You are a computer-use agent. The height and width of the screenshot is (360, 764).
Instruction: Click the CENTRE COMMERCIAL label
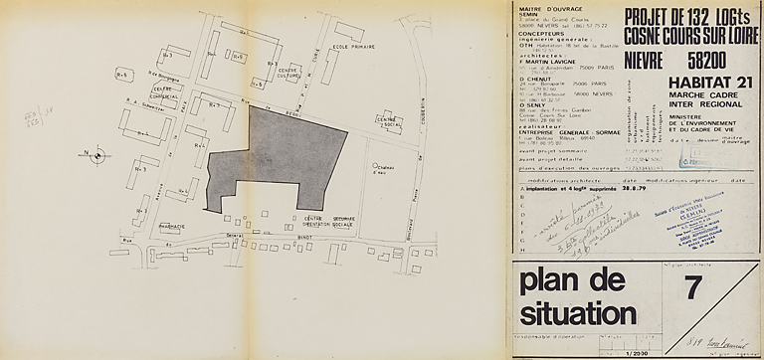164,92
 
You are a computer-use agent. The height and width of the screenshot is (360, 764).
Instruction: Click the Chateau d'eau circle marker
372,166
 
